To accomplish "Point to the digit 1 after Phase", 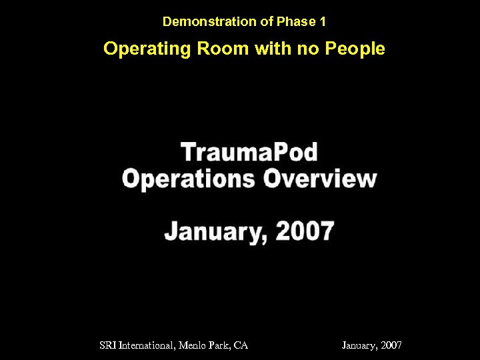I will click(x=323, y=21).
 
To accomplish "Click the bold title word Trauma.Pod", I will click(x=249, y=152).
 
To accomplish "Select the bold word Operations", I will click(x=189, y=179).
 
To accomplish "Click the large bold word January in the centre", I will click(x=215, y=231).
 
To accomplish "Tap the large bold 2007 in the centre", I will click(x=305, y=231).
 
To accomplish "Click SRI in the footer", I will click(x=107, y=345).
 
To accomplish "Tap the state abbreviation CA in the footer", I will click(x=241, y=345).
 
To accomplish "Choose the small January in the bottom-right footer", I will click(x=360, y=345).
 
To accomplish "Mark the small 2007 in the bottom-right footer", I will click(x=391, y=345).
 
